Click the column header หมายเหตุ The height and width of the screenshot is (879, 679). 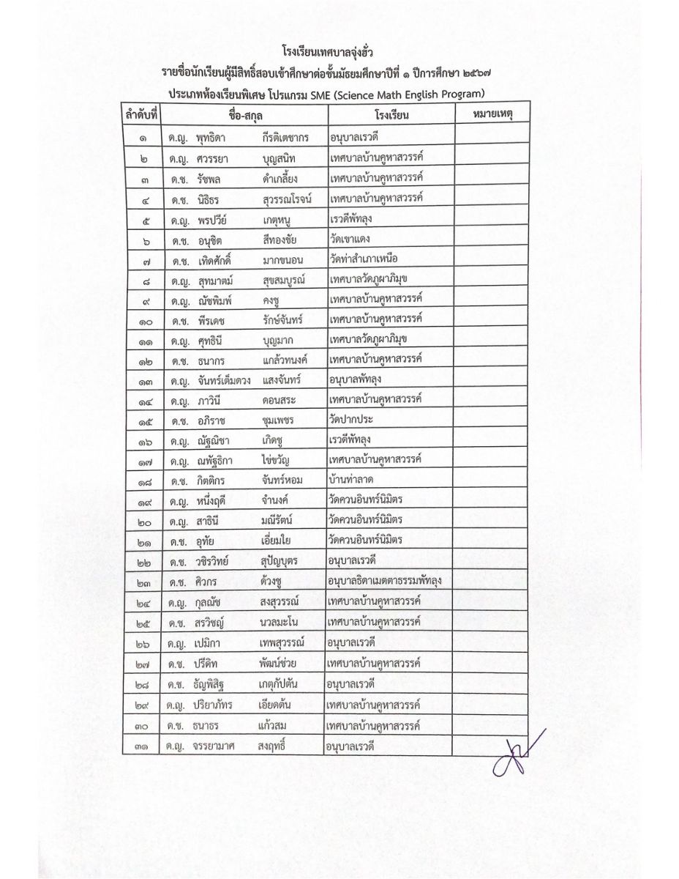tap(487, 115)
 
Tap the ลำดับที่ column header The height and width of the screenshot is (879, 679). tap(142, 115)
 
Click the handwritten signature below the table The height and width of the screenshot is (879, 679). tap(517, 754)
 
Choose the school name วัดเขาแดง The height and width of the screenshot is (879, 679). tap(355, 239)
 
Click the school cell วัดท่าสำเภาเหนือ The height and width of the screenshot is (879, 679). tap(369, 259)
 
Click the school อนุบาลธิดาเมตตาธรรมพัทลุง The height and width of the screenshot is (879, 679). tap(389, 581)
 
